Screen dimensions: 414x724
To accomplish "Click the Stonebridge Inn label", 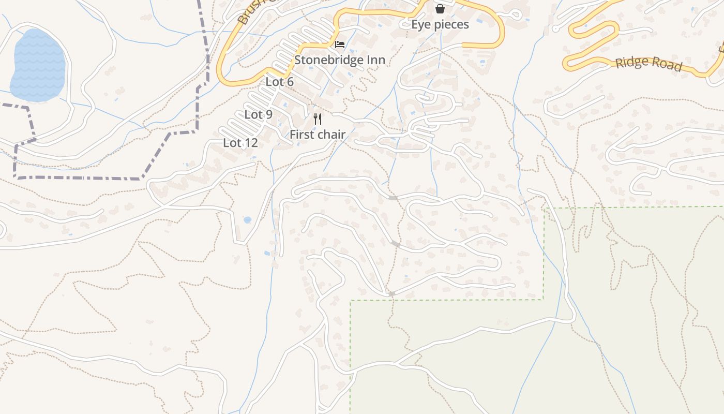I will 340,60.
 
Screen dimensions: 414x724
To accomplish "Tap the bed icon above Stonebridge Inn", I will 340,45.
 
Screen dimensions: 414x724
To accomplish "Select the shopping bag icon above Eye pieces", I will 440,9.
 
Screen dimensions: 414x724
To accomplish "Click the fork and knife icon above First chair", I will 318,119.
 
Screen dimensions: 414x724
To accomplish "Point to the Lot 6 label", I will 279,82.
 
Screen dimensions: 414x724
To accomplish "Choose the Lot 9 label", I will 258,115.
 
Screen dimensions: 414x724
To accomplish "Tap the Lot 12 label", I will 240,143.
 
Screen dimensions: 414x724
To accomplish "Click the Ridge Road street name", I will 648,63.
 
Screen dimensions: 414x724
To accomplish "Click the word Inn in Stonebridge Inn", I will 376,60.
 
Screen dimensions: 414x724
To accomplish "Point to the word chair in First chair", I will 331,135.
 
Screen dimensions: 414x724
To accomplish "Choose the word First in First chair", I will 301,135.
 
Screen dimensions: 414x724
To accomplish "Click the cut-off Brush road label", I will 249,13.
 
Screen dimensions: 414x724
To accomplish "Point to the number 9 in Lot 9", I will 268,115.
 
